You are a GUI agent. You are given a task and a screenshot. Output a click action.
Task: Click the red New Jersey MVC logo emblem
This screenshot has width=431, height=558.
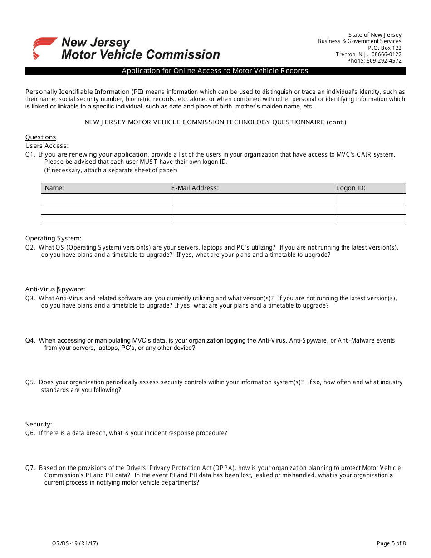tap(44, 48)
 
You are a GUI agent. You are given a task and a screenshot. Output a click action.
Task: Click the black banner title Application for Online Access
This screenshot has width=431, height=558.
tap(215, 71)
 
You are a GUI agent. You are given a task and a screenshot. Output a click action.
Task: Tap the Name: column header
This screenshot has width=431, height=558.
tap(54, 188)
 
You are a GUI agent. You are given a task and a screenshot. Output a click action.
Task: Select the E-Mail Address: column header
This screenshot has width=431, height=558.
tap(195, 188)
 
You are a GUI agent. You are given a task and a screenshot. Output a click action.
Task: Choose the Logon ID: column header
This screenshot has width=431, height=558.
tap(351, 188)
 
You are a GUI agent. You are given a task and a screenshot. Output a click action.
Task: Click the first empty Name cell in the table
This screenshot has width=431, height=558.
tap(106, 199)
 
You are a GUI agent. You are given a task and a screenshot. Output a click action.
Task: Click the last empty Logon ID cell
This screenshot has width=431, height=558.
tap(370, 220)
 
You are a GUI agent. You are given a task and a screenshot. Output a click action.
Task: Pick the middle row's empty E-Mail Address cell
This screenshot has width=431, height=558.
tap(253, 209)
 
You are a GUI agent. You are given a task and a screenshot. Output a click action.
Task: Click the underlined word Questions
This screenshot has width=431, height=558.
tap(40, 137)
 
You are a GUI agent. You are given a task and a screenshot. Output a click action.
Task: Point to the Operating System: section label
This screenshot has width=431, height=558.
tap(53, 238)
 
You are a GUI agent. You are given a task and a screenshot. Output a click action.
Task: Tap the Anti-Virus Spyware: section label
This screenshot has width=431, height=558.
tap(55, 289)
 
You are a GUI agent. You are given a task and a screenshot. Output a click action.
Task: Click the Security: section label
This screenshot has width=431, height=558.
tap(39, 424)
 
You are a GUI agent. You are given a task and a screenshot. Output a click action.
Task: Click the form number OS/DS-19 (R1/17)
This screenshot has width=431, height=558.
tap(75, 543)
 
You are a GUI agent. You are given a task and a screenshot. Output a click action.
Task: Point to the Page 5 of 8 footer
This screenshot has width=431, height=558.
tap(391, 543)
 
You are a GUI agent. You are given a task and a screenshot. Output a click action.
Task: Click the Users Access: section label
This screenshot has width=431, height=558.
tap(47, 146)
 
